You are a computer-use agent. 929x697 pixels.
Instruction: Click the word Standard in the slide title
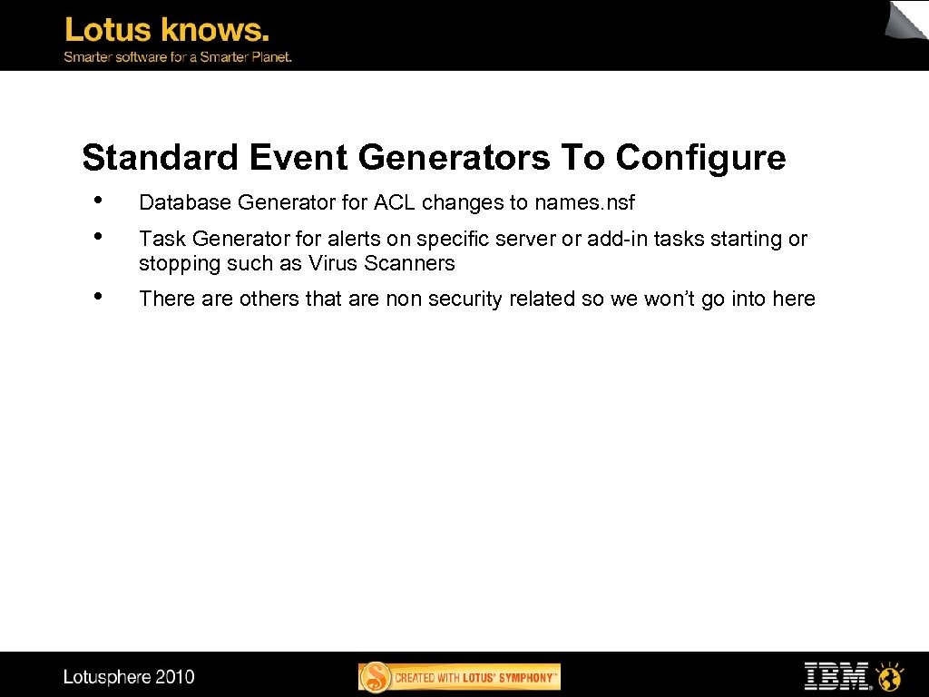coord(160,158)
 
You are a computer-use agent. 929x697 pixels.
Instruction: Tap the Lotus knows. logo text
coord(167,30)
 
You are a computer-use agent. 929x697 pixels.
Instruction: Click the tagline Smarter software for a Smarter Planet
coord(177,56)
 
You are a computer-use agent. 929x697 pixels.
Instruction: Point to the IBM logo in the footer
coord(837,676)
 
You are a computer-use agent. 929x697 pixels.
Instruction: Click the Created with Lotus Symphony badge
coord(460,677)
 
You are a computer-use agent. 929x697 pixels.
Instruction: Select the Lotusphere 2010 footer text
coord(129,677)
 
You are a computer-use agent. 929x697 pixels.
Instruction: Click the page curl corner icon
coord(907,20)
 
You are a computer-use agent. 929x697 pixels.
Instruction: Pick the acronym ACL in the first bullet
coord(395,202)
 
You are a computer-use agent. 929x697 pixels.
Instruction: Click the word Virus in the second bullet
coord(332,264)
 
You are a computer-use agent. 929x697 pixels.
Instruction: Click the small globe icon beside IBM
coord(892,676)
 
